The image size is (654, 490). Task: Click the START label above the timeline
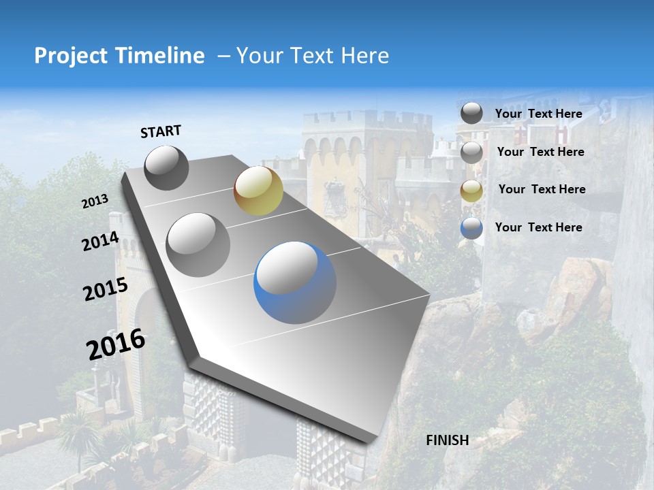[x=161, y=131]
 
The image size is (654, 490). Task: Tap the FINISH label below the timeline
[x=447, y=440]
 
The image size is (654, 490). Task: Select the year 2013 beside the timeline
[x=95, y=201]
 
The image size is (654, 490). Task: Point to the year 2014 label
[x=100, y=242]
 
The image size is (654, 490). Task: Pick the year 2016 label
[x=116, y=344]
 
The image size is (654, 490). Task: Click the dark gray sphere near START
[x=166, y=167]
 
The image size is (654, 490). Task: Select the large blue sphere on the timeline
[x=295, y=282]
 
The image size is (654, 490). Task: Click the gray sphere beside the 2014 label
[x=198, y=244]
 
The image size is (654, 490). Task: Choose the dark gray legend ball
[x=471, y=113]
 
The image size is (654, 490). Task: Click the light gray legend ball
[x=471, y=152]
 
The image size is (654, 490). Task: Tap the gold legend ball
[x=471, y=191]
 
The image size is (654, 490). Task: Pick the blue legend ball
[x=471, y=228]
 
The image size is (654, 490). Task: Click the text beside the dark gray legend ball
[x=538, y=114]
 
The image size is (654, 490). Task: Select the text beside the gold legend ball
[x=542, y=189]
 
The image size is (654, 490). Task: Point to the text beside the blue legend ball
[x=538, y=227]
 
